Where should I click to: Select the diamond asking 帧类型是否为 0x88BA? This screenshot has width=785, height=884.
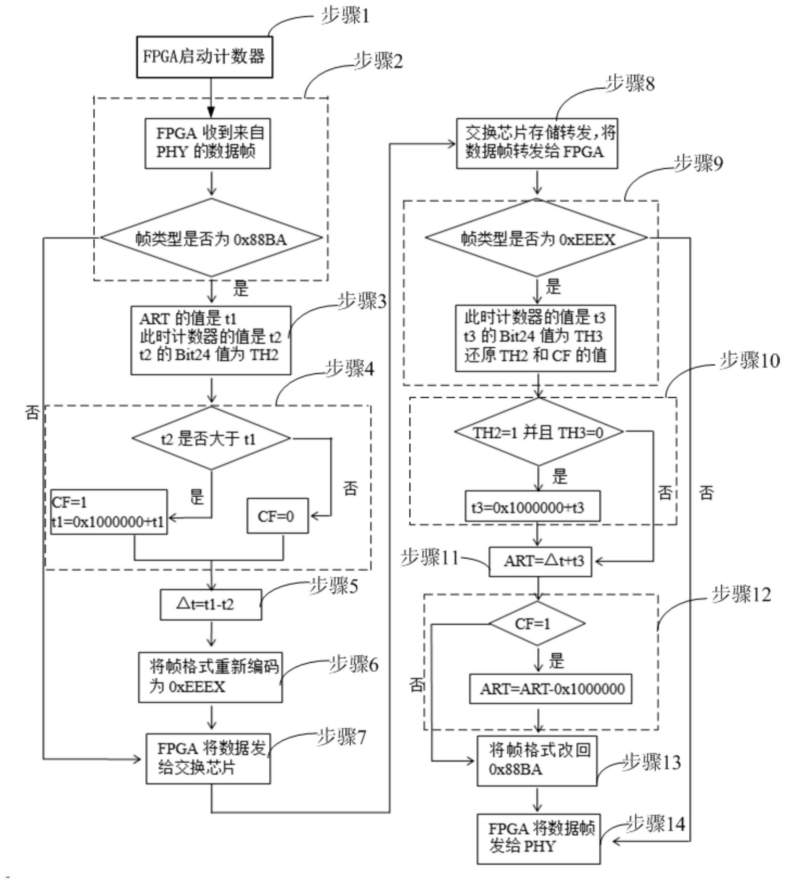click(211, 238)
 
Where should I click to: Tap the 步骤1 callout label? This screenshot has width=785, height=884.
click(345, 17)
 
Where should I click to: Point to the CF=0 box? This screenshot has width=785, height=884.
click(277, 516)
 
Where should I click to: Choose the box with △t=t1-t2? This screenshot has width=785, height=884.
click(211, 604)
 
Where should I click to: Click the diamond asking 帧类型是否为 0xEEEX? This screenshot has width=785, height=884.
click(537, 238)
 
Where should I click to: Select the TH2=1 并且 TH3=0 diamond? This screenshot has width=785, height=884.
click(538, 432)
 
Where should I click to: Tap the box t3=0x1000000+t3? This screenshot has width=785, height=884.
click(532, 507)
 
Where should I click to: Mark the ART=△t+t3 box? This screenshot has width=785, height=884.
click(540, 561)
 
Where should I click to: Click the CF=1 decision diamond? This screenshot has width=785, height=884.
click(537, 624)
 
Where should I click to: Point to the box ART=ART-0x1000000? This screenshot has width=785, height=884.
click(550, 689)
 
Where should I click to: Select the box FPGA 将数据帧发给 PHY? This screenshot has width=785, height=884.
click(538, 839)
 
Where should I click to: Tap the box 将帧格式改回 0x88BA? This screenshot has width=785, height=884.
click(537, 761)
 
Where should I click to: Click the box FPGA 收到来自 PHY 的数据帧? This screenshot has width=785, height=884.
click(207, 143)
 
